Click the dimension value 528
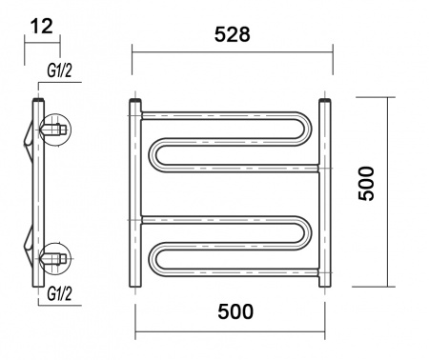click(233, 34)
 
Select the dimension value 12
click(42, 26)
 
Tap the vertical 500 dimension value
click(366, 184)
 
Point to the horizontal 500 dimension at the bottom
click(235, 311)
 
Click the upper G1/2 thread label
click(59, 70)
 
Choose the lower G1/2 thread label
click(59, 293)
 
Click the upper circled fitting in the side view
click(55, 130)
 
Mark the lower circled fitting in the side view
click(55, 258)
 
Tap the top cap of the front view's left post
click(135, 101)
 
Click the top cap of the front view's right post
click(325, 101)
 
